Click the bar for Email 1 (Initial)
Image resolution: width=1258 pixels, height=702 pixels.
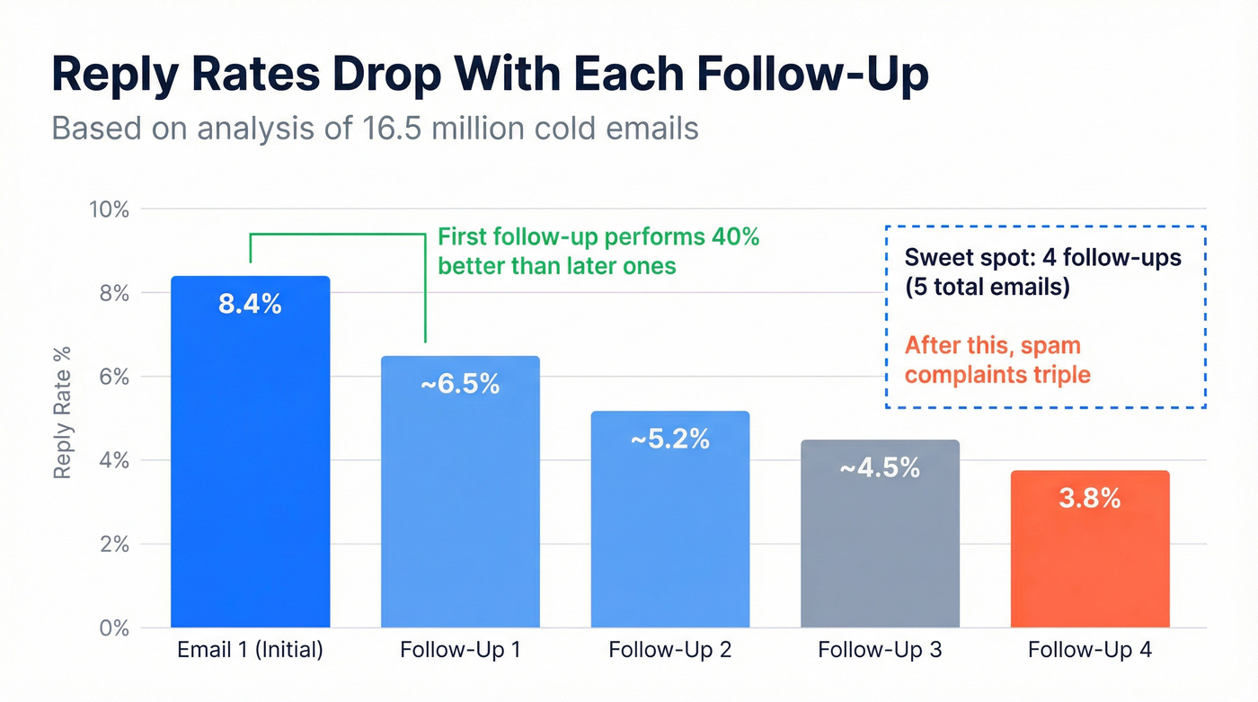(251, 467)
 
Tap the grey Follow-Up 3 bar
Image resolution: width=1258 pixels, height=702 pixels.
(880, 548)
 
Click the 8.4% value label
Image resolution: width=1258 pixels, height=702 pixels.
(250, 304)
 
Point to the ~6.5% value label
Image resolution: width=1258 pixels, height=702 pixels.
(460, 384)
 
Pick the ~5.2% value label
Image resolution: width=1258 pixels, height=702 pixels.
(670, 439)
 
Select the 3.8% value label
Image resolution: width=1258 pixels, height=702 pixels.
(1090, 498)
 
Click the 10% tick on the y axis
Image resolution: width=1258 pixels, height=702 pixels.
(110, 209)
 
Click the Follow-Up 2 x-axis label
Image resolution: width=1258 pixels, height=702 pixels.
(670, 650)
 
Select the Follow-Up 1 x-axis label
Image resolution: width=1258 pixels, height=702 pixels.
(460, 650)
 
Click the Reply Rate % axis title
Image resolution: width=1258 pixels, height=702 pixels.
(62, 413)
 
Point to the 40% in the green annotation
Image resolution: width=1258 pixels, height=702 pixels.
(734, 237)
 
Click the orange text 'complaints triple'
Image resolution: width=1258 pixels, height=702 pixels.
(997, 373)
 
